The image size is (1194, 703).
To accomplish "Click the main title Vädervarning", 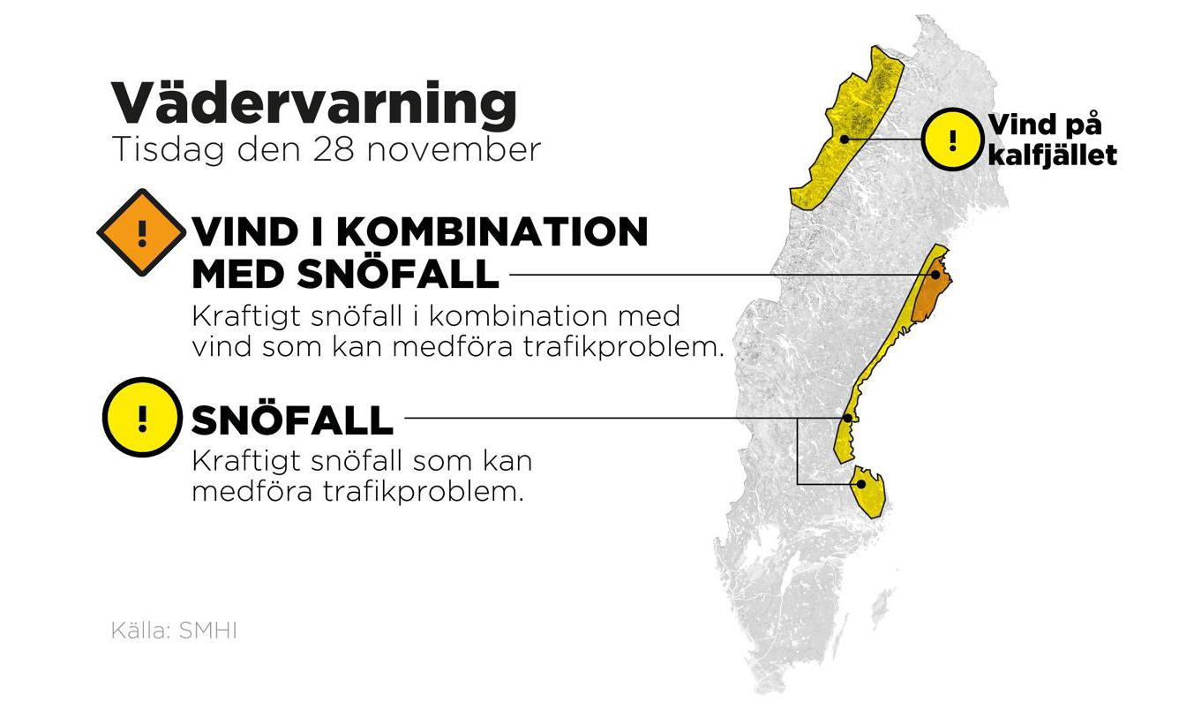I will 312,104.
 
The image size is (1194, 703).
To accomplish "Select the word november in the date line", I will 451,149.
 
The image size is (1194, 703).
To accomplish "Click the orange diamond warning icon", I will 141,232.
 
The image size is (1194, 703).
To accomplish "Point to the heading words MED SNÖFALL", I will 345,275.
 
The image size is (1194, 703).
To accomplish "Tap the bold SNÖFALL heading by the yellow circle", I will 292,421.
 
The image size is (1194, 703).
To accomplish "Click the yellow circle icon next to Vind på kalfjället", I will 951,139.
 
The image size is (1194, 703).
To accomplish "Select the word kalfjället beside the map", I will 1052,155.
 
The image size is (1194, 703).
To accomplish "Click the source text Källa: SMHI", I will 174,631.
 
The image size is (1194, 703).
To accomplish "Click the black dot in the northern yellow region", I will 844,139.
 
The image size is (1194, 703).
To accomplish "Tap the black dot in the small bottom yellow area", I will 860,483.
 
